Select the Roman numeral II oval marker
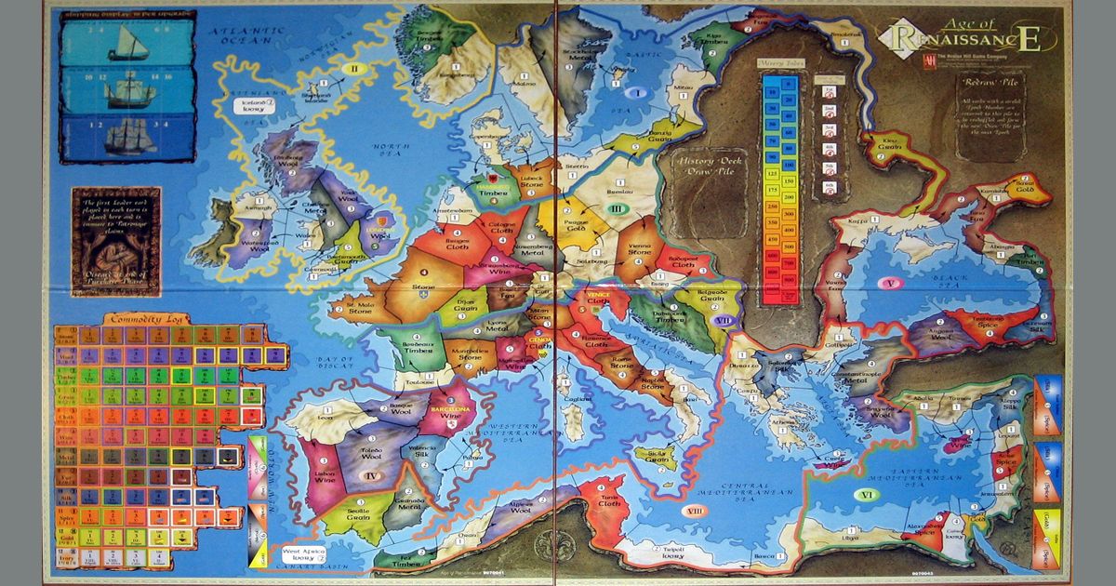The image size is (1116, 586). click(x=353, y=68)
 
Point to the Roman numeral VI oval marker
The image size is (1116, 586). click(x=867, y=496)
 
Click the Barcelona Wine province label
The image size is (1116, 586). click(x=449, y=412)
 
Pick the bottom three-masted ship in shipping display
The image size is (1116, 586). click(x=130, y=138)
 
